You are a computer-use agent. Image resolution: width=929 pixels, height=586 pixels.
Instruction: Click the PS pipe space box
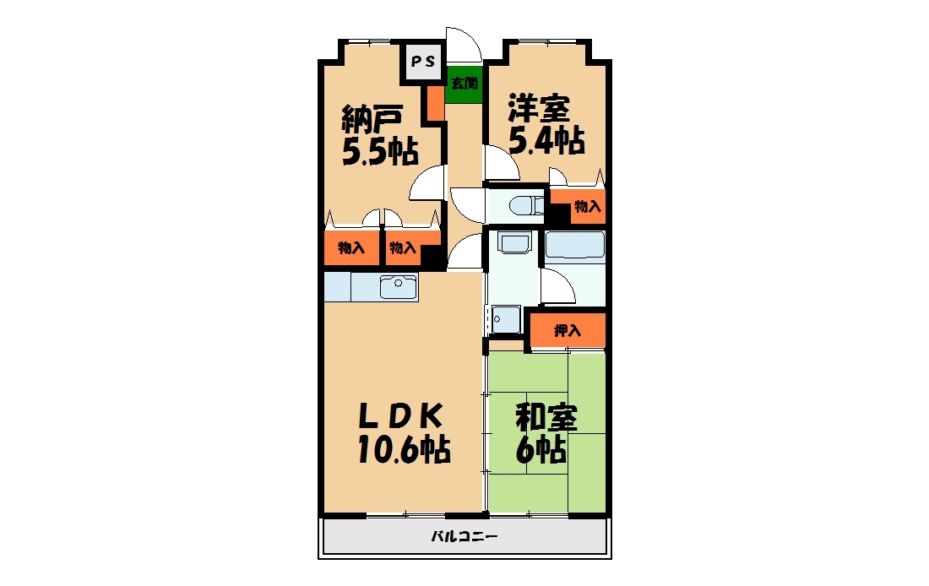coord(423,62)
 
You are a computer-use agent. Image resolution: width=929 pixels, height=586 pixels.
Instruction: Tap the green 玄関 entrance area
coord(464,83)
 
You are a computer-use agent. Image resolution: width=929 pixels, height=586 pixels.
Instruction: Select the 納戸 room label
coord(372,120)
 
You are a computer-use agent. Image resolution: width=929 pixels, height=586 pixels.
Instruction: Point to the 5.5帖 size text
coord(380,152)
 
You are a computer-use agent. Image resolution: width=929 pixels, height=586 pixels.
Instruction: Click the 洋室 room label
coord(539,108)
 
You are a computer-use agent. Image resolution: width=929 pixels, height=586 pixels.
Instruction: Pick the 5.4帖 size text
coord(546,141)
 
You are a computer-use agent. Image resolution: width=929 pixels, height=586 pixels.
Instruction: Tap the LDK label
coord(400,416)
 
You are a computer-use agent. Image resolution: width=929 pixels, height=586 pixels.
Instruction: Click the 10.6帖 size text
coord(404,449)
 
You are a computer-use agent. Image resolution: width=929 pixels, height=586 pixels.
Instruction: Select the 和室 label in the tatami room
coord(546,418)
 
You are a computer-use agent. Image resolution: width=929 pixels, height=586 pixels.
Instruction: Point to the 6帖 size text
coord(541,450)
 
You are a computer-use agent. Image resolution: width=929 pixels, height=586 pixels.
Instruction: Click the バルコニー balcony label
coord(464,537)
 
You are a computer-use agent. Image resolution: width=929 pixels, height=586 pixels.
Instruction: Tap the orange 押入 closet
coord(568,331)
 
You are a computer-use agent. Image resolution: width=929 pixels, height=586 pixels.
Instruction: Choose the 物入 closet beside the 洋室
coord(588,206)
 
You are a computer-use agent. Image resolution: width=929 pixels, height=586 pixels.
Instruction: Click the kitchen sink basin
coord(398,287)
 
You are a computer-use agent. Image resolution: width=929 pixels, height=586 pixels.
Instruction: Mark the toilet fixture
coord(526,205)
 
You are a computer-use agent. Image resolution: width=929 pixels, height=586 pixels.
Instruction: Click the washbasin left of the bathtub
coord(514,242)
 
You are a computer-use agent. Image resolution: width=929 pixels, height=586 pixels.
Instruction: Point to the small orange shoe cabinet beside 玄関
coord(436,103)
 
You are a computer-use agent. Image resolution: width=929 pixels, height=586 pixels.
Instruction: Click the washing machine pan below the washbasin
coord(505,319)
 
